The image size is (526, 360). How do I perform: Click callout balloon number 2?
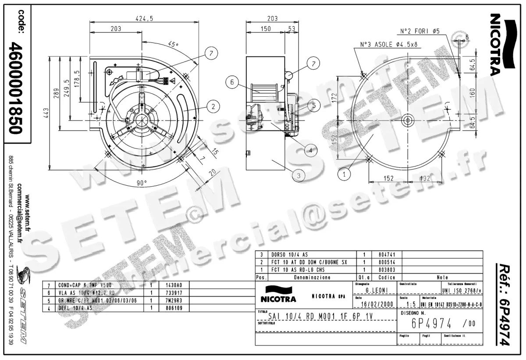pyautogui.click(x=213, y=106)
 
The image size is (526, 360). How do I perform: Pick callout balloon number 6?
pyautogui.click(x=232, y=81)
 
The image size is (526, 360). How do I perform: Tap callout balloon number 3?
pyautogui.click(x=299, y=175)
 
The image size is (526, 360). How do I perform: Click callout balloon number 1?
pyautogui.click(x=345, y=174)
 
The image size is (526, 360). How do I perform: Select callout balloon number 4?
pyautogui.click(x=310, y=150)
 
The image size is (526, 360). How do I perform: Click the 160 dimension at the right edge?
pyautogui.click(x=472, y=93)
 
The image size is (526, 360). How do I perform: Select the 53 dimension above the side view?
pyautogui.click(x=291, y=29)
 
